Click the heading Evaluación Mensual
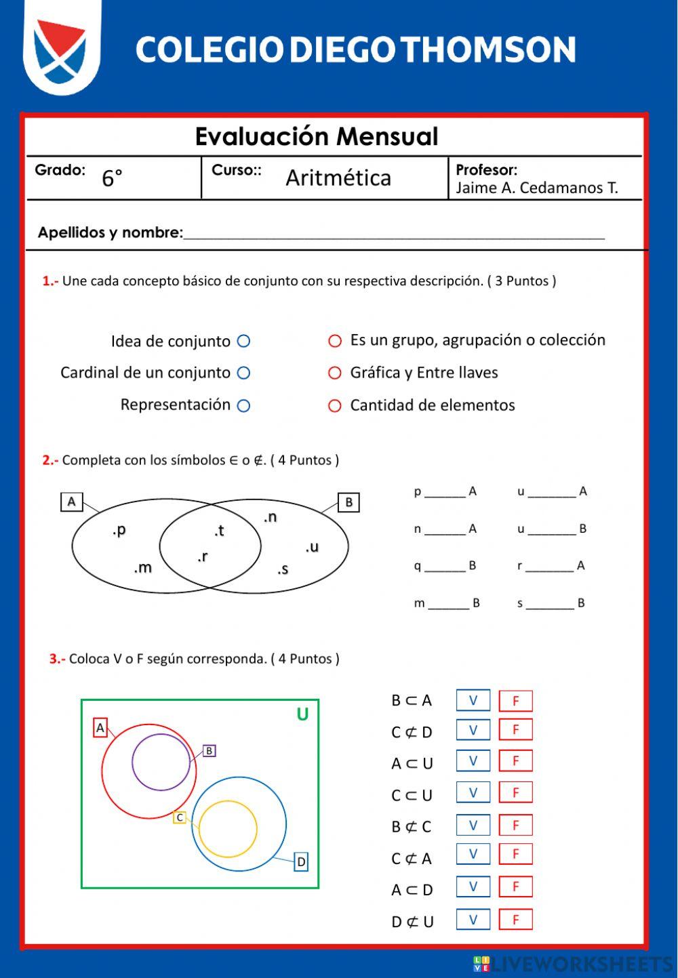click(x=317, y=136)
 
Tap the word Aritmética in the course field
click(x=338, y=178)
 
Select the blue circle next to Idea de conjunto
click(x=244, y=341)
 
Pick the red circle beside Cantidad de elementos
click(x=335, y=405)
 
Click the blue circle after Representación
click(x=244, y=405)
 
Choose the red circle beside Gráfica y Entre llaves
click(x=335, y=373)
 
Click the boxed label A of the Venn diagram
click(x=72, y=502)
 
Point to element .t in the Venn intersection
click(x=219, y=531)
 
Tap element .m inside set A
click(x=143, y=567)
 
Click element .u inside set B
click(x=312, y=547)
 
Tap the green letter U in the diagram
click(x=302, y=714)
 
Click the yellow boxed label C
click(x=180, y=817)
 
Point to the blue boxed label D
click(x=301, y=862)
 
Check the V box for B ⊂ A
click(x=473, y=700)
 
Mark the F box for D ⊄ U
click(x=515, y=920)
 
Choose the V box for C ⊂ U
click(x=473, y=792)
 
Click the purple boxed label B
click(x=210, y=750)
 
